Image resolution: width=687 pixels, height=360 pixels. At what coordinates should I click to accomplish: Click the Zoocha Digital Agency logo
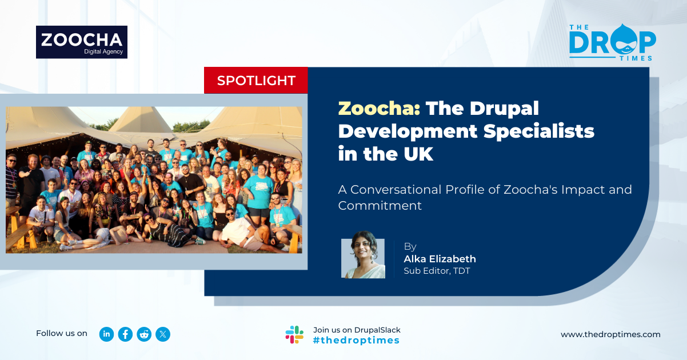coord(82,42)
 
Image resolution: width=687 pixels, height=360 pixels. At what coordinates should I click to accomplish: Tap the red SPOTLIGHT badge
coord(256,81)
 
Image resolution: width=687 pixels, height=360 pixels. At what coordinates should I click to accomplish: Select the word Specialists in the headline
coord(538,131)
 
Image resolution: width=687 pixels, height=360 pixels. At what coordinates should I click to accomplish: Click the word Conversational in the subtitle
coord(396,190)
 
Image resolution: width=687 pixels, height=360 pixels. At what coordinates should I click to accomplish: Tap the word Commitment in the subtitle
coord(380,206)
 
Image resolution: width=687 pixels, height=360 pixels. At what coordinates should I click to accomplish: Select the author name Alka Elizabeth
coord(440,259)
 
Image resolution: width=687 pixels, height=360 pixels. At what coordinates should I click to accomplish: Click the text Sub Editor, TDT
coord(437,271)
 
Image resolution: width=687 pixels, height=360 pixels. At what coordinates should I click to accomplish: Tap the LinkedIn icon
coord(106,334)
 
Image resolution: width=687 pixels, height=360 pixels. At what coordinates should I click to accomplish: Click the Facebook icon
coord(125,334)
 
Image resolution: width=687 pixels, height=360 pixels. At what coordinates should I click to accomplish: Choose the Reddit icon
coord(144,334)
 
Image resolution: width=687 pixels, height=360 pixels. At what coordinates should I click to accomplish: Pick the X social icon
coord(163,334)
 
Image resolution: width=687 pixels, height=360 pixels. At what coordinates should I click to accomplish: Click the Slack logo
coord(294,334)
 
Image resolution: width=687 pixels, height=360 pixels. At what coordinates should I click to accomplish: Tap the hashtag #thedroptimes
coord(356,340)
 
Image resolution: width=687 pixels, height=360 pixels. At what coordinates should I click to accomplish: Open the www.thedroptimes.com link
coord(610,334)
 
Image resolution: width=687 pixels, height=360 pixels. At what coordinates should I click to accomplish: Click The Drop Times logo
coord(613,42)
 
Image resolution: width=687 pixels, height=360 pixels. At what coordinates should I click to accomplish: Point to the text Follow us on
coord(62,333)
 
